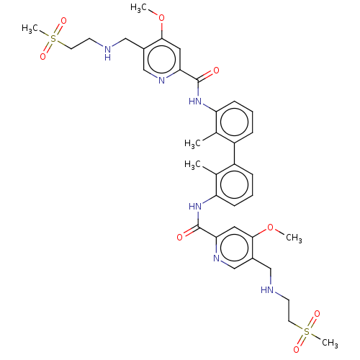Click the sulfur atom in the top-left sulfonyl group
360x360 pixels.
pos(53,38)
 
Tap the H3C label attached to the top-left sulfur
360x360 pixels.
pos(30,29)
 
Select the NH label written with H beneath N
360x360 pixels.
pos(108,53)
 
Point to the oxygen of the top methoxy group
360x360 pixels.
pos(162,18)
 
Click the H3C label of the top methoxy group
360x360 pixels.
pos(138,8)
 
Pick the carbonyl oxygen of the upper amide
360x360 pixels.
pos(216,71)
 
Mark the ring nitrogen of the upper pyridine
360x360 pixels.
pos(162,81)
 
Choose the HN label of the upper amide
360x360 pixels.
pos(195,102)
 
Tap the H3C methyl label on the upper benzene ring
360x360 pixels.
pos(192,143)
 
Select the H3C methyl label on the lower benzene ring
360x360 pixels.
pos(192,164)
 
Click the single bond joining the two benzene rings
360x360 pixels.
pos(234,153)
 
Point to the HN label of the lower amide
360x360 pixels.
pos(195,206)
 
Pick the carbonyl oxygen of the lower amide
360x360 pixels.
pos(180,238)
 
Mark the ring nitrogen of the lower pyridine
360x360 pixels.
pos(216,258)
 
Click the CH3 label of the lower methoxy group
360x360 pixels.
pos(294,238)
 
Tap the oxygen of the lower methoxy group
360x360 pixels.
pos(271,228)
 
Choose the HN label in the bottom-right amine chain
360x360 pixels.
pos(267,290)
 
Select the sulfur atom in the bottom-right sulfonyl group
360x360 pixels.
pos(307,332)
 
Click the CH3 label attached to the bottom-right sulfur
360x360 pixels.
pos(330,343)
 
